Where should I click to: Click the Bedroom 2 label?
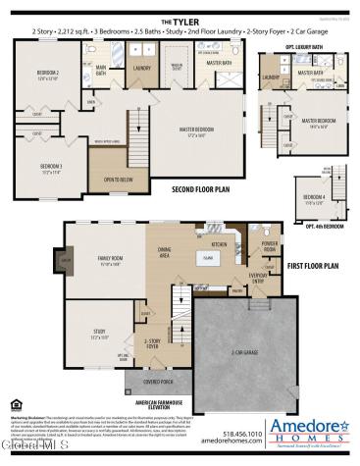[x=49, y=75]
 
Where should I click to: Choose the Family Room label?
[x=108, y=260]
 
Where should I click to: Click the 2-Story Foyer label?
[x=153, y=343]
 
